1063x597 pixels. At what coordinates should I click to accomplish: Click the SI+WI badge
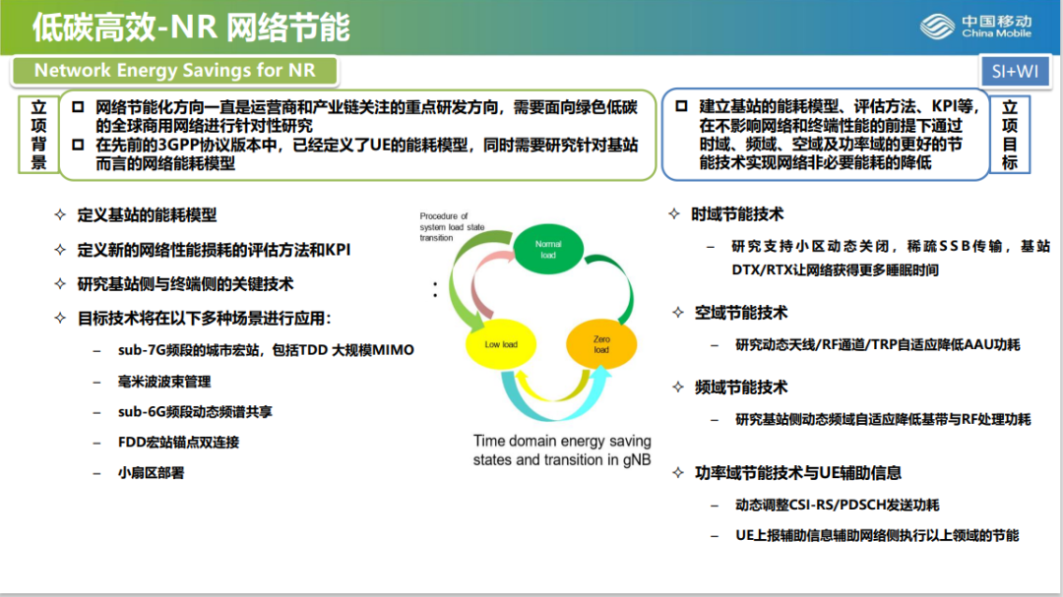point(1013,71)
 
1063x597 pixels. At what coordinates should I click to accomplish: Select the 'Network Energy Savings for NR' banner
point(174,71)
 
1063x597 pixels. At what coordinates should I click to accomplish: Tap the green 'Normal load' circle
point(547,249)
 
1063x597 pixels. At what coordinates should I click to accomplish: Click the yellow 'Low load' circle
point(500,345)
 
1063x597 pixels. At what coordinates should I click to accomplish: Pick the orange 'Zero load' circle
point(600,344)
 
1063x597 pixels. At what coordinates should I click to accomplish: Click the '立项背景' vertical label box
point(38,135)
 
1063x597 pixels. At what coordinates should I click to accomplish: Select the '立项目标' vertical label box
point(1010,135)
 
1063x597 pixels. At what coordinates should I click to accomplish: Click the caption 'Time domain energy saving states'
point(562,450)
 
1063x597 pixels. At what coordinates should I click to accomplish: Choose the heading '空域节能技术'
point(740,313)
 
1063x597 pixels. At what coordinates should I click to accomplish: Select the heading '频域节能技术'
point(740,388)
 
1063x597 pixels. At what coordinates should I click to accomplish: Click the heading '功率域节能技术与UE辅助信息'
point(797,473)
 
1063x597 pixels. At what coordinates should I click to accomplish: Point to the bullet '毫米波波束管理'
point(164,381)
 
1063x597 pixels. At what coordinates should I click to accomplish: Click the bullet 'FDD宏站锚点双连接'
point(178,442)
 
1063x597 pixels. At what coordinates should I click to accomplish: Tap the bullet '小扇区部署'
point(151,472)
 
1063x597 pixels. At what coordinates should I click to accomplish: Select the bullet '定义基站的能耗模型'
point(147,214)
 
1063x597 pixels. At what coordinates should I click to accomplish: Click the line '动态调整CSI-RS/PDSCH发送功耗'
point(837,505)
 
